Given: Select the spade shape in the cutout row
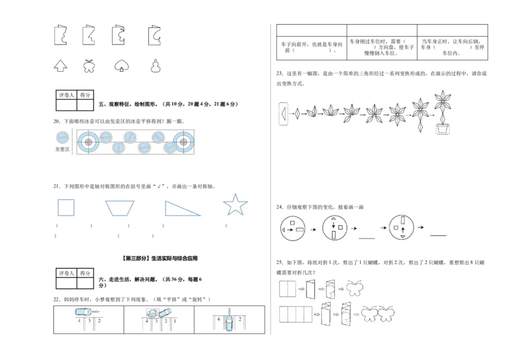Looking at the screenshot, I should pos(119,66).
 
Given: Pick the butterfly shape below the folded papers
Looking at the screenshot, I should pos(89,66).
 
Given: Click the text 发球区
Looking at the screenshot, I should pos(62,151).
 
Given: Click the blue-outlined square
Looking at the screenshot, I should pos(66,208).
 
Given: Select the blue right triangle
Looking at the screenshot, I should pos(183,208).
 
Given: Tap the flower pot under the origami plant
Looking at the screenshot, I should pos(442,130).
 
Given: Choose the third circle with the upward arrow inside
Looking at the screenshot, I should pos(403,229).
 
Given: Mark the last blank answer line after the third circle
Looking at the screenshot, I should pos(438,235).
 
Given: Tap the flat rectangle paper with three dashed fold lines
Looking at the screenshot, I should pos(295,315).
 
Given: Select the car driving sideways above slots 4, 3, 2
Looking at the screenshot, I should pos(83,312).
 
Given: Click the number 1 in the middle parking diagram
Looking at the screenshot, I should pos(175,322).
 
